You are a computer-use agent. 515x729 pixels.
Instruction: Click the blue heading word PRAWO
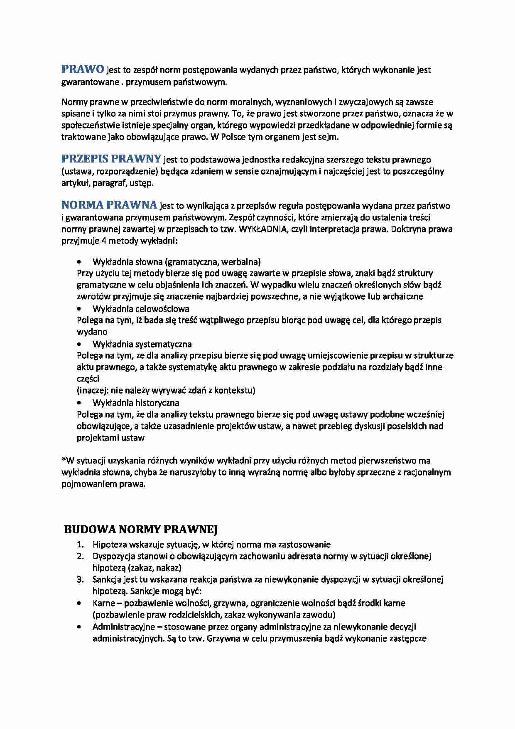click(83, 69)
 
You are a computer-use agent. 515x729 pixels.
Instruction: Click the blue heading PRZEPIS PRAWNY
click(111, 159)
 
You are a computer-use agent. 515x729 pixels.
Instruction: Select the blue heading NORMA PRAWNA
click(109, 205)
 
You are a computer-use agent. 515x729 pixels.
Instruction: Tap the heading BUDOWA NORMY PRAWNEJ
click(141, 529)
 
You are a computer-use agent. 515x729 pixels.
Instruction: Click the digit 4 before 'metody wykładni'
click(104, 241)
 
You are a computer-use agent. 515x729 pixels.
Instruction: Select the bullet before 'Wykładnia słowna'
click(79, 262)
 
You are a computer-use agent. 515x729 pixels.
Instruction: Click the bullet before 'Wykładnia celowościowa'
click(79, 309)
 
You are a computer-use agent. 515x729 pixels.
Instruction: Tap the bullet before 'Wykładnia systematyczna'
click(79, 344)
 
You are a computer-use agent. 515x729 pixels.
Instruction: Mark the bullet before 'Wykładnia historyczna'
click(79, 403)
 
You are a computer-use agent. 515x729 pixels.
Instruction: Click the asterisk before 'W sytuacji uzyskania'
click(64, 459)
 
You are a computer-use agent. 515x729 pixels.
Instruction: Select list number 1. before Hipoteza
click(80, 544)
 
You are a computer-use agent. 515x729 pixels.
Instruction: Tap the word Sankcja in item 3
click(106, 579)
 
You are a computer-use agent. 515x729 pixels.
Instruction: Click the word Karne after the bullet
click(103, 603)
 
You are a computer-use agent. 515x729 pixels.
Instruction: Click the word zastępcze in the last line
click(408, 638)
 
